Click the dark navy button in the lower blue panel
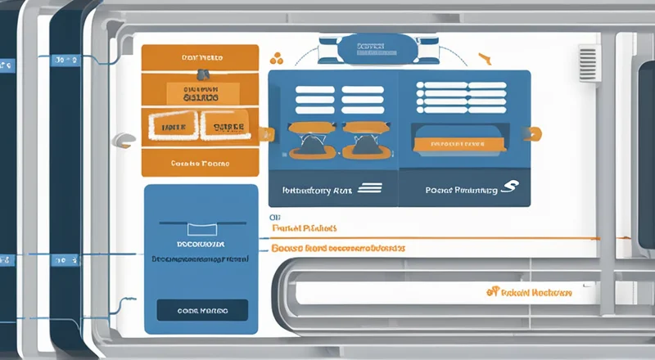point(201,311)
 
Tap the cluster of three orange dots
point(276,59)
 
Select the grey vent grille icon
point(588,64)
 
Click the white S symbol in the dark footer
point(508,189)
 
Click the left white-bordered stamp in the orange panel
point(174,127)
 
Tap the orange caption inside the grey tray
point(528,291)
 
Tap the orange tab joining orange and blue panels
point(264,132)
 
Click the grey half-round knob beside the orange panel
point(125,141)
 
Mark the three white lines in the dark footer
point(370,187)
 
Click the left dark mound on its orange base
point(310,146)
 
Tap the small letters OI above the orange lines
point(275,217)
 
